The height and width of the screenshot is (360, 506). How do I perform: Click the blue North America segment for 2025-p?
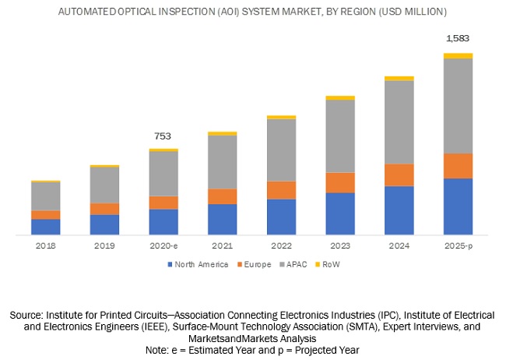point(459,206)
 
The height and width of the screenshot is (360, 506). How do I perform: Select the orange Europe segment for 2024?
point(399,175)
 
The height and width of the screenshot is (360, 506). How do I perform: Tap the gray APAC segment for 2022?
point(281,150)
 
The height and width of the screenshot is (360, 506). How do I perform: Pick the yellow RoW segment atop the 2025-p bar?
point(459,55)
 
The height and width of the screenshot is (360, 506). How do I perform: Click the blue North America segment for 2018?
point(46,227)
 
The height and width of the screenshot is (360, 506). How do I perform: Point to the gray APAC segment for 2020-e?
point(163,173)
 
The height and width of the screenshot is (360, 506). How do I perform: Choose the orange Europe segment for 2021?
point(223,196)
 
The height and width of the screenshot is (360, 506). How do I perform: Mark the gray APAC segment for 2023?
point(340,136)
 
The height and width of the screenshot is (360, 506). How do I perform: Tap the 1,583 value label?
point(459,38)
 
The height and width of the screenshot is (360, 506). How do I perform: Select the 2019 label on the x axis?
point(104,245)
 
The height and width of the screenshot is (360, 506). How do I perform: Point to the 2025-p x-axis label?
point(459,245)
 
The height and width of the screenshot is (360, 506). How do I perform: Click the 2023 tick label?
point(340,245)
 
